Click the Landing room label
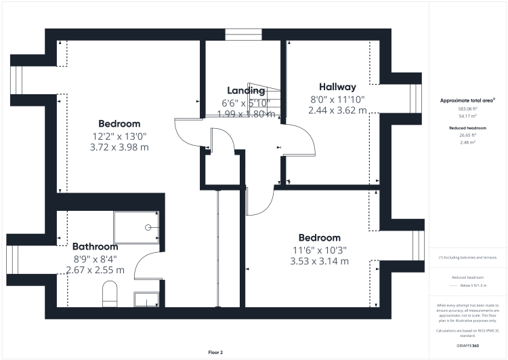(x=245, y=91)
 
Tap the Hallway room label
(x=337, y=87)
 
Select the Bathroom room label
(x=95, y=247)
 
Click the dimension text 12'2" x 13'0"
(x=119, y=136)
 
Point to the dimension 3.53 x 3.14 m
(x=319, y=261)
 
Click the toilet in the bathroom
(x=110, y=294)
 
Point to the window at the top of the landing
(x=243, y=34)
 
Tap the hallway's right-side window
(x=414, y=91)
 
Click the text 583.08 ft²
(x=467, y=108)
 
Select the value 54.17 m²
(x=467, y=115)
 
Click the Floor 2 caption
(x=215, y=352)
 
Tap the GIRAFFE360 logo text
(x=467, y=344)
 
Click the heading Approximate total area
(x=467, y=100)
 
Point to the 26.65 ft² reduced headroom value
(x=467, y=136)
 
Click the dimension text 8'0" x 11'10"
(x=337, y=99)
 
